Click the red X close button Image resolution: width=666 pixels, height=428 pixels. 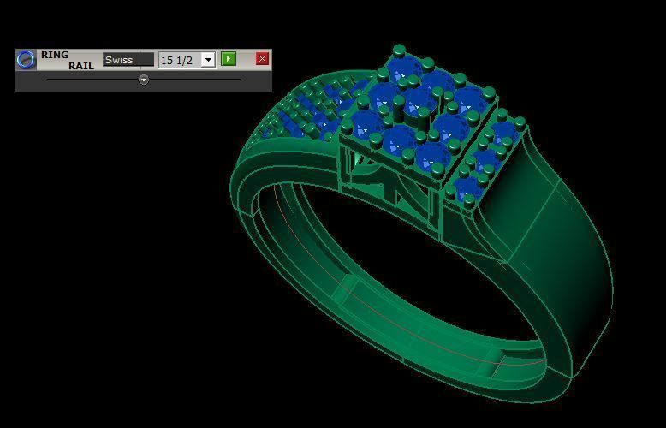[262, 59]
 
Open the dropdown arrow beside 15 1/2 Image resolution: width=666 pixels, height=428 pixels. [207, 60]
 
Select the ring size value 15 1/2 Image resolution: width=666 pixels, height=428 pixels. [178, 60]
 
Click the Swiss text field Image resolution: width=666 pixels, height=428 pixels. [128, 60]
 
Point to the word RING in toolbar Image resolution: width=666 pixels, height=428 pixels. [55, 55]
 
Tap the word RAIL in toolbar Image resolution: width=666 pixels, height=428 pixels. [81, 66]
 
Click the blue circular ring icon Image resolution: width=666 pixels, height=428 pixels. [27, 59]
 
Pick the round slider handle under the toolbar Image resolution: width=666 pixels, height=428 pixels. [144, 80]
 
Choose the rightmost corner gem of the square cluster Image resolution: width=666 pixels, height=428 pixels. [470, 102]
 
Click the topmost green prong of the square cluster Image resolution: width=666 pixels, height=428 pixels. [398, 51]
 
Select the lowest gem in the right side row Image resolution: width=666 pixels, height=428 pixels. [467, 189]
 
